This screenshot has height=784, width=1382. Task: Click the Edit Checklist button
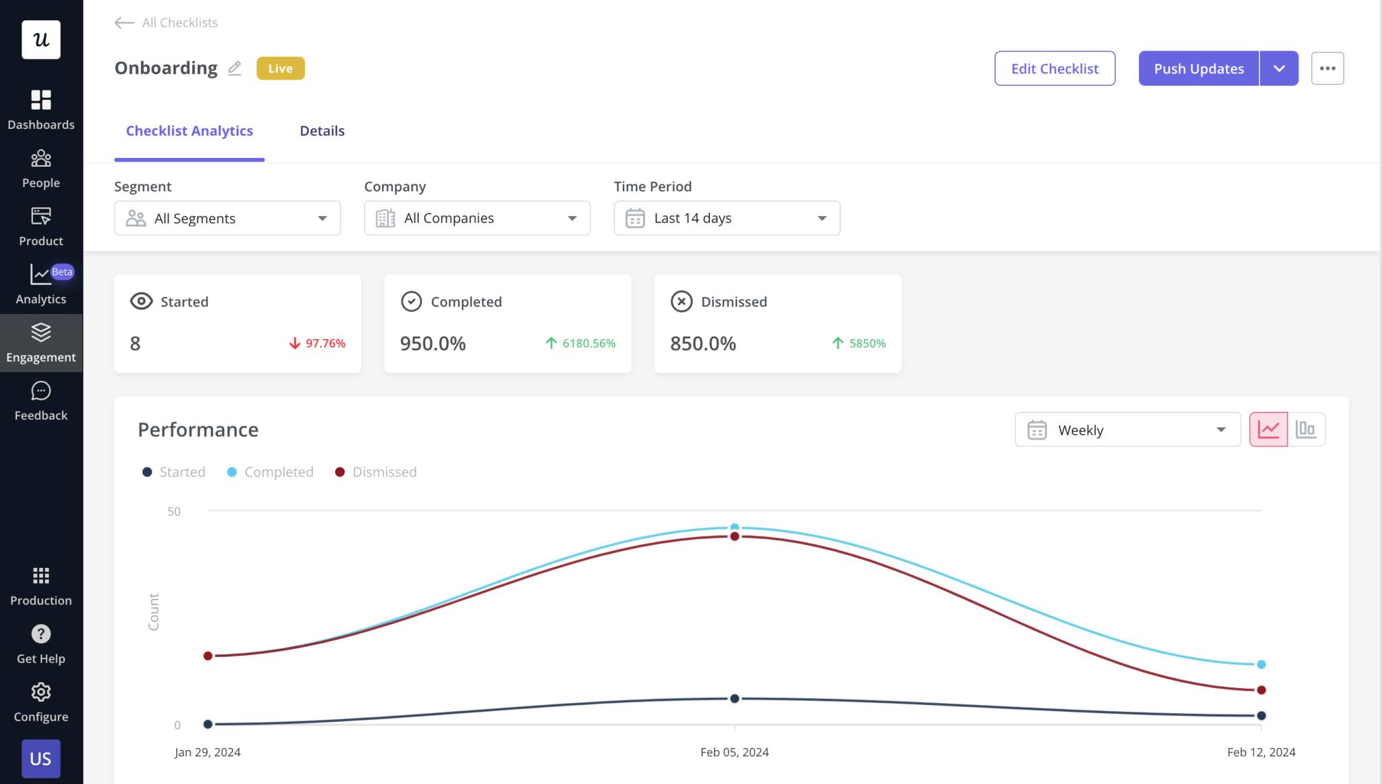[x=1054, y=68]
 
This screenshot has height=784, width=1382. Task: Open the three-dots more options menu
[x=1327, y=68]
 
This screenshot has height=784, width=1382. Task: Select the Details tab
[x=322, y=131]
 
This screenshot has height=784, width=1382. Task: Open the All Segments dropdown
[x=227, y=218]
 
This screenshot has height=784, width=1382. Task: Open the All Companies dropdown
[x=477, y=218]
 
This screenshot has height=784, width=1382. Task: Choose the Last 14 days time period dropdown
[x=727, y=218]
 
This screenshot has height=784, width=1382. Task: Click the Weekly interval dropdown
[x=1127, y=429]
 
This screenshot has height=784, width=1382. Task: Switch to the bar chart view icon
[x=1306, y=429]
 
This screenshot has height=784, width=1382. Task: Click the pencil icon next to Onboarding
[x=235, y=68]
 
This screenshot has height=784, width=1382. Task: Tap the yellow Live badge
[x=280, y=68]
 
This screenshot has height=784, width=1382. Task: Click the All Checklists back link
[x=167, y=23]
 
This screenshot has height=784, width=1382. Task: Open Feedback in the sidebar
[x=41, y=401]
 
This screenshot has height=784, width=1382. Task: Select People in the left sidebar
[x=41, y=169]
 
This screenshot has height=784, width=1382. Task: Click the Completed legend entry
[x=271, y=472]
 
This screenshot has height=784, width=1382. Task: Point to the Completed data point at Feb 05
[x=734, y=527]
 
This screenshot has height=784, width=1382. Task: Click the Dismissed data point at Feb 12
[x=1261, y=689]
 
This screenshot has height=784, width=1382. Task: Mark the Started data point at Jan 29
[x=208, y=724]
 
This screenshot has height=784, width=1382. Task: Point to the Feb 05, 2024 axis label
[x=734, y=752]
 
